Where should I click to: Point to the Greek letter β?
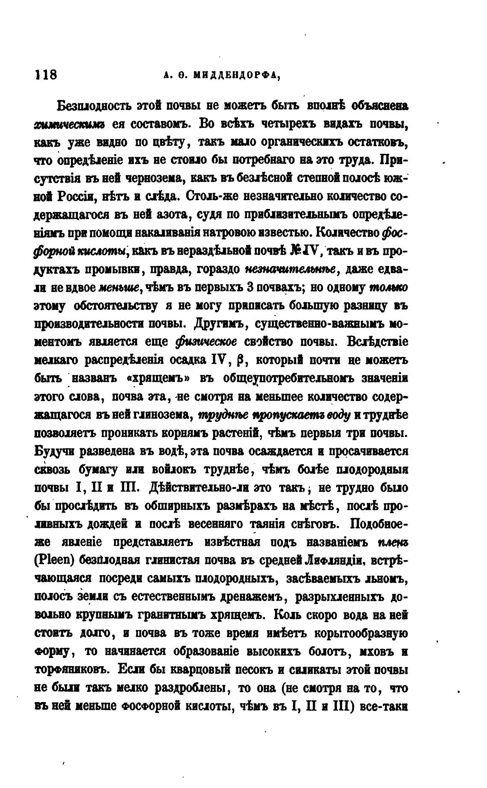[x=239, y=361]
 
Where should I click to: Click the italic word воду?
[x=339, y=415]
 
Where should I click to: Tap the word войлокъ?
[x=177, y=469]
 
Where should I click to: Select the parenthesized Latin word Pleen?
[x=55, y=560]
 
